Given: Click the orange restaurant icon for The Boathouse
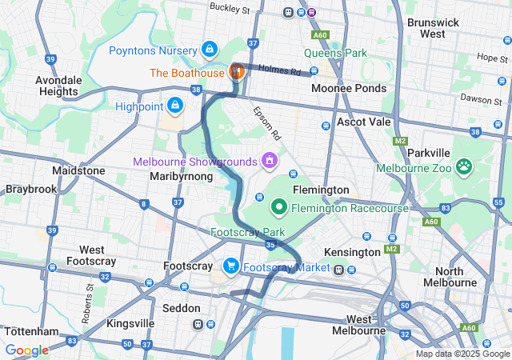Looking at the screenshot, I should point(237,72).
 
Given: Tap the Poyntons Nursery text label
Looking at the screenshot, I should point(154,50).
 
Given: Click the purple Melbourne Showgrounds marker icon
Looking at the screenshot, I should point(270,161).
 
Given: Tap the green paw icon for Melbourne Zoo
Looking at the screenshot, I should point(463,167).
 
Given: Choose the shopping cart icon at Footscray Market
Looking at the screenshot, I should point(231,266).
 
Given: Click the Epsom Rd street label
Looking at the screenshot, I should point(268,122).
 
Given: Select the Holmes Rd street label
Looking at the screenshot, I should point(284,70).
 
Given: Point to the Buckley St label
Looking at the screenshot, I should point(230,8).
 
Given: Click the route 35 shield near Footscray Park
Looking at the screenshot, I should point(271,245).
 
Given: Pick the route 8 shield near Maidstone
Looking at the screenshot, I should point(143,204).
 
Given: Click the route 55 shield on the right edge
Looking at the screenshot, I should point(498,203).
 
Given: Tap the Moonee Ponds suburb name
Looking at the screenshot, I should point(348,88).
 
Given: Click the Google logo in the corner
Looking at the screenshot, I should point(26,350).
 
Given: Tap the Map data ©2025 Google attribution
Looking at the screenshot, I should point(462,354).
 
